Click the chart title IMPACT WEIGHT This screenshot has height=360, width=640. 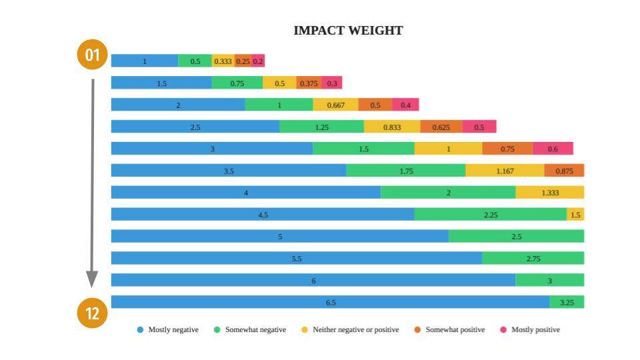[x=348, y=31]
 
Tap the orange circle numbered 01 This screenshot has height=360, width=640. [x=92, y=55]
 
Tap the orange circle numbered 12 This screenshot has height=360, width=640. [x=92, y=313]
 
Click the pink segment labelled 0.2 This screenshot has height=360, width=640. [x=258, y=61]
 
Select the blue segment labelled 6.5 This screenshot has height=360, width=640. [x=331, y=303]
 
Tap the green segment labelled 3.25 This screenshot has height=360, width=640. [x=567, y=303]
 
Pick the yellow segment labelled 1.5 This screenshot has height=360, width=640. [x=575, y=215]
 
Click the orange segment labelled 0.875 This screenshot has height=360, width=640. [x=564, y=171]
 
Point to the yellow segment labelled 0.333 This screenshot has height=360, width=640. [x=223, y=61]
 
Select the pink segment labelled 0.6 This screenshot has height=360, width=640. [x=553, y=149]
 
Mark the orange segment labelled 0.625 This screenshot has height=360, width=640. [x=441, y=127]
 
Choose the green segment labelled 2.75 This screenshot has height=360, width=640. [x=533, y=259]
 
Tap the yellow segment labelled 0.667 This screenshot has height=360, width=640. [x=335, y=105]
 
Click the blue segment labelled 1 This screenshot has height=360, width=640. [x=145, y=61]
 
